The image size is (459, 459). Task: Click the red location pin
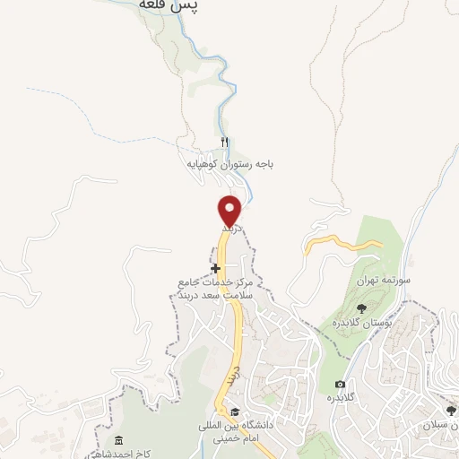click(x=230, y=210)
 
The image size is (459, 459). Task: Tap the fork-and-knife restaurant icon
click(x=225, y=143)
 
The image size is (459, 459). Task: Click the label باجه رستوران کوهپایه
click(x=229, y=164)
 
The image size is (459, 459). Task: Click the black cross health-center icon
click(x=216, y=268)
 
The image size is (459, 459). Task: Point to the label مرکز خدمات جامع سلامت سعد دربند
click(x=216, y=288)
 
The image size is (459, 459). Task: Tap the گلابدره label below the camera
click(x=336, y=397)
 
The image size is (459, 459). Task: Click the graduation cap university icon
click(x=235, y=411)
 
